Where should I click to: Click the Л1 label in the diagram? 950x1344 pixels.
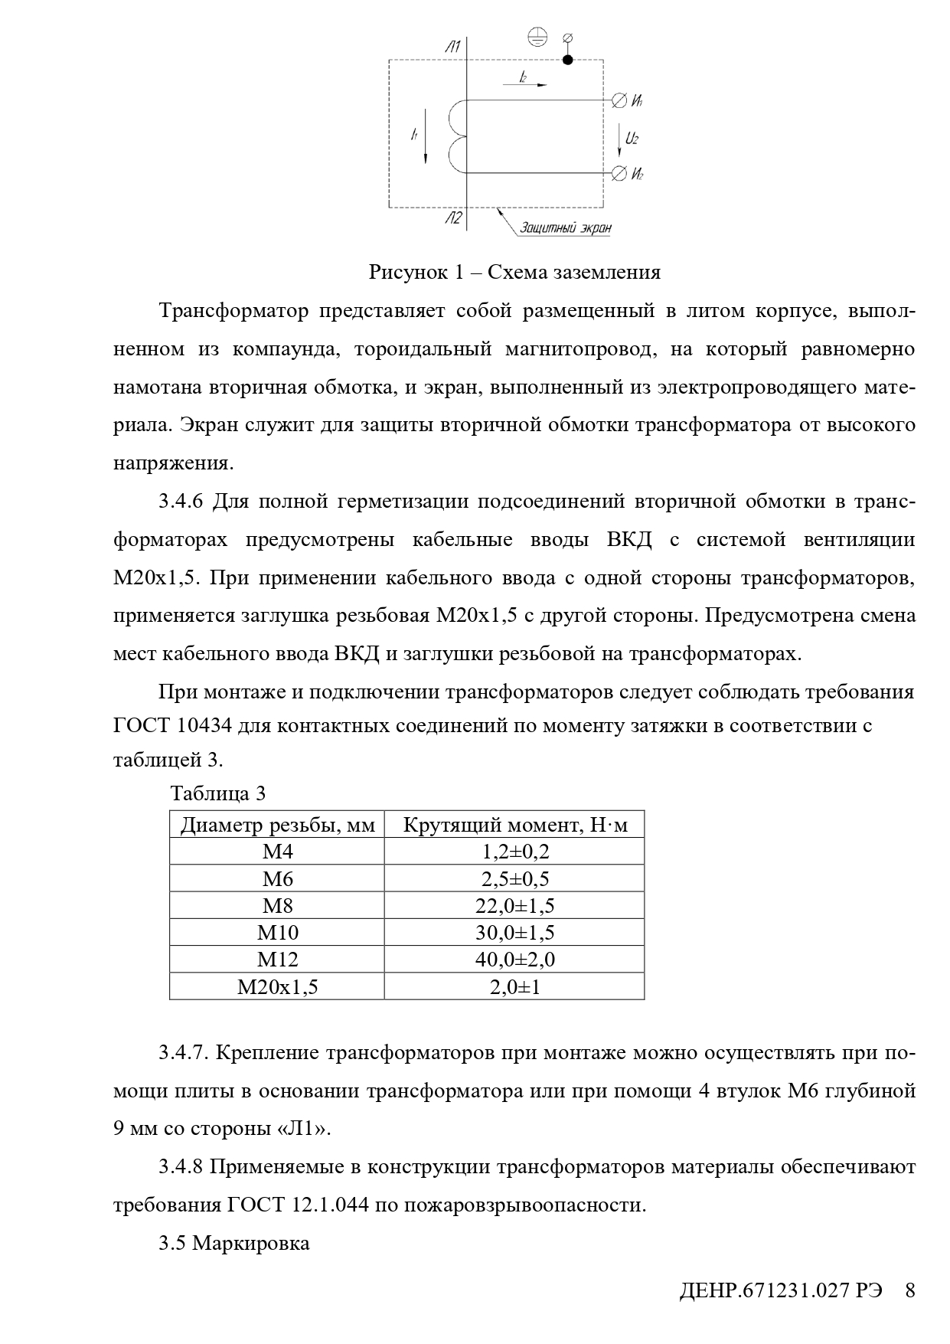pyautogui.click(x=452, y=47)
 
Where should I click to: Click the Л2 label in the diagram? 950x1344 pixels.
pyautogui.click(x=452, y=219)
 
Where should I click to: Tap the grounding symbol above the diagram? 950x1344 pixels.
pyautogui.click(x=539, y=36)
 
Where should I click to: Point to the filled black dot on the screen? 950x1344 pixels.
pyautogui.click(x=567, y=60)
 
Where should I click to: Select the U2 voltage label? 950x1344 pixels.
pyautogui.click(x=632, y=139)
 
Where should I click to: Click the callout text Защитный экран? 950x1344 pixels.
pyautogui.click(x=565, y=227)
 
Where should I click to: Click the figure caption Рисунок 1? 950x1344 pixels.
pyautogui.click(x=514, y=272)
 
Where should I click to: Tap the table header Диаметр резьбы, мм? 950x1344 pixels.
pyautogui.click(x=277, y=825)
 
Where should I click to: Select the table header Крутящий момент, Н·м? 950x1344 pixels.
pyautogui.click(x=514, y=825)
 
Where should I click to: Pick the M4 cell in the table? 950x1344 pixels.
pyautogui.click(x=277, y=852)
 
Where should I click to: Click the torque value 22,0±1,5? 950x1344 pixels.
pyautogui.click(x=514, y=906)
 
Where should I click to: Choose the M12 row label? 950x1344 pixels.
pyautogui.click(x=277, y=960)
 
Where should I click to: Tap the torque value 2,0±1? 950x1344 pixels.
pyautogui.click(x=514, y=987)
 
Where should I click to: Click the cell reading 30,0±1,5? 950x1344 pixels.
pyautogui.click(x=514, y=933)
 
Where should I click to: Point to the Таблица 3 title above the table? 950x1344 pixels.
pyautogui.click(x=218, y=793)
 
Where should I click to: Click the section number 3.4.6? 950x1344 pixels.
pyautogui.click(x=181, y=502)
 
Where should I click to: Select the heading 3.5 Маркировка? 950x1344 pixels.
pyautogui.click(x=234, y=1242)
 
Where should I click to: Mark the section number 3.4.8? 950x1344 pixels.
pyautogui.click(x=181, y=1167)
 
